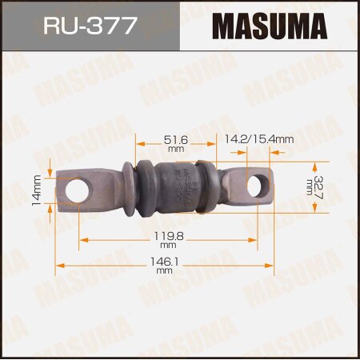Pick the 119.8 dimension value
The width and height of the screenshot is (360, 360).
pos(165,238)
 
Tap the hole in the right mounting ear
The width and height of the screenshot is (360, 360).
pos(254,187)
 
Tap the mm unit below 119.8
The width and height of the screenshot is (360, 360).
pos(165,247)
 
